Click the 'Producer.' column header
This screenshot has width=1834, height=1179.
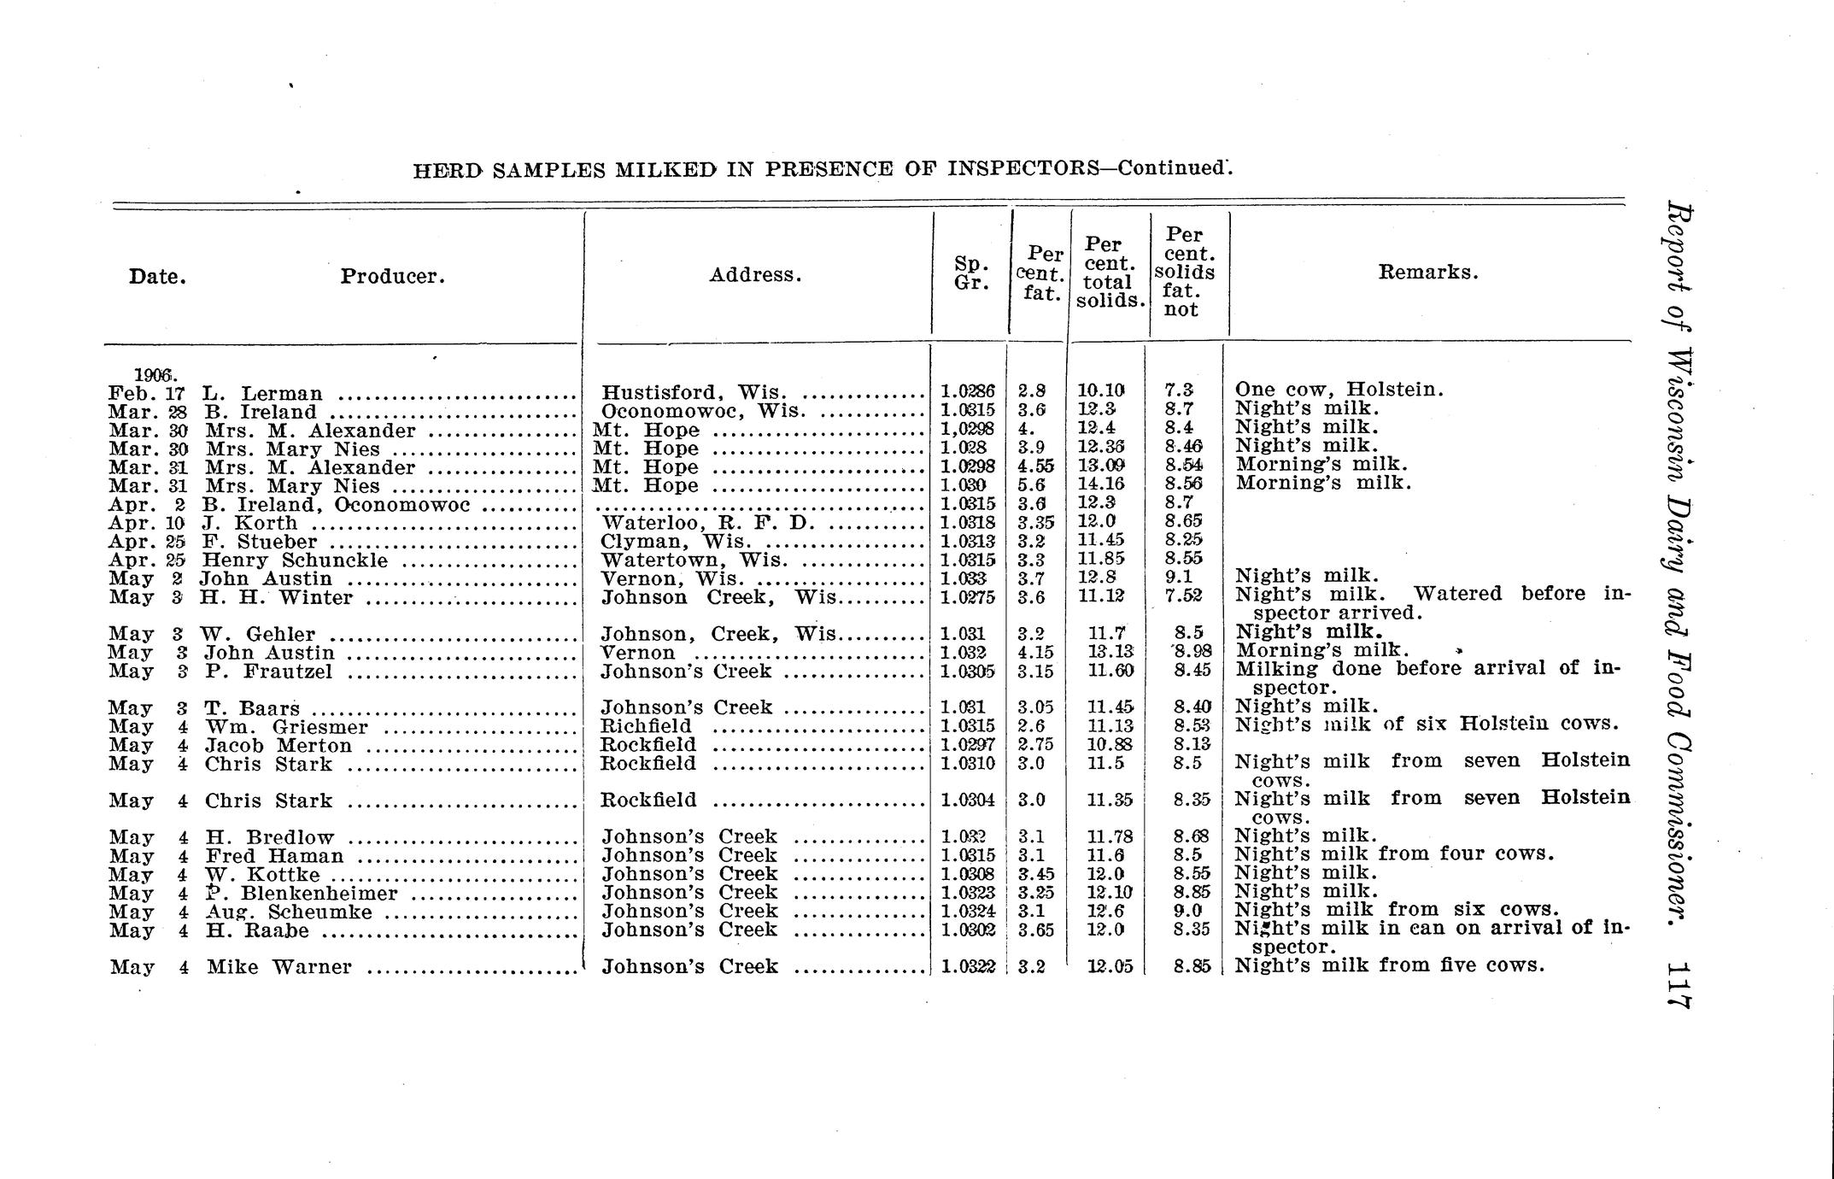coord(393,277)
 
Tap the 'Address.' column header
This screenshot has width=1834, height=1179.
coord(755,275)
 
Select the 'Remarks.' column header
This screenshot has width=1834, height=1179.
coord(1428,273)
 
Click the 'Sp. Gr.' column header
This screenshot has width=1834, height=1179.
coord(970,273)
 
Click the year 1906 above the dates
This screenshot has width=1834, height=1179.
coord(155,374)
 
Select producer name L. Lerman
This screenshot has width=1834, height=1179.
coord(262,394)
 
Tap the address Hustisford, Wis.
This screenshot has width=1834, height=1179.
coord(693,392)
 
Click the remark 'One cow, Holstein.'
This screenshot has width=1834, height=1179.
coord(1339,390)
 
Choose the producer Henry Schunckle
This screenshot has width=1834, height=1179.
coord(295,560)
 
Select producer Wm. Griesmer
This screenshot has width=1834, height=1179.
coord(286,727)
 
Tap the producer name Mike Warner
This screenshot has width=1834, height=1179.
coord(278,967)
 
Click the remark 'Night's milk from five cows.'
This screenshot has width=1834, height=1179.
coord(1390,965)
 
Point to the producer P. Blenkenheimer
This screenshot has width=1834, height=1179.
coord(302,894)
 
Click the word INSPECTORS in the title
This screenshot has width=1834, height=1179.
coord(1023,167)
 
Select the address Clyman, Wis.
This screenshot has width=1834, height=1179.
coord(677,542)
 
